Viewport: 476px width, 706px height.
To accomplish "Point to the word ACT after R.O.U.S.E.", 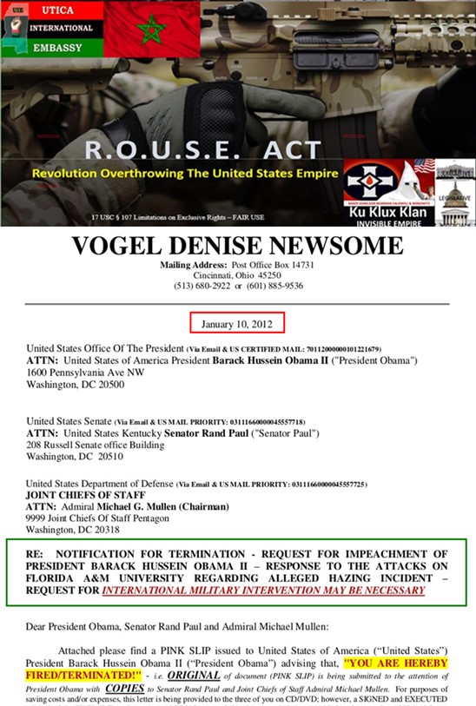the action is point(288,148).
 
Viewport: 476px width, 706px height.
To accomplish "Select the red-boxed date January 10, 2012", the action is point(237,324).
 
